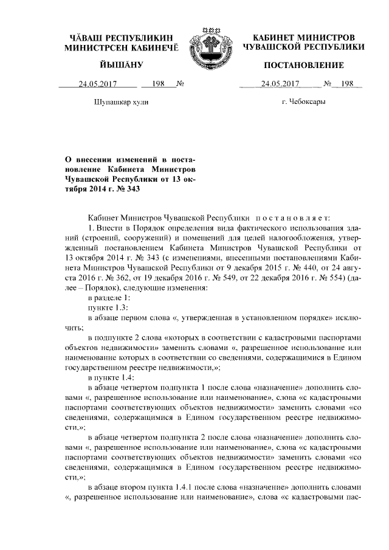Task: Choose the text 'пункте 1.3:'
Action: (x=108, y=308)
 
